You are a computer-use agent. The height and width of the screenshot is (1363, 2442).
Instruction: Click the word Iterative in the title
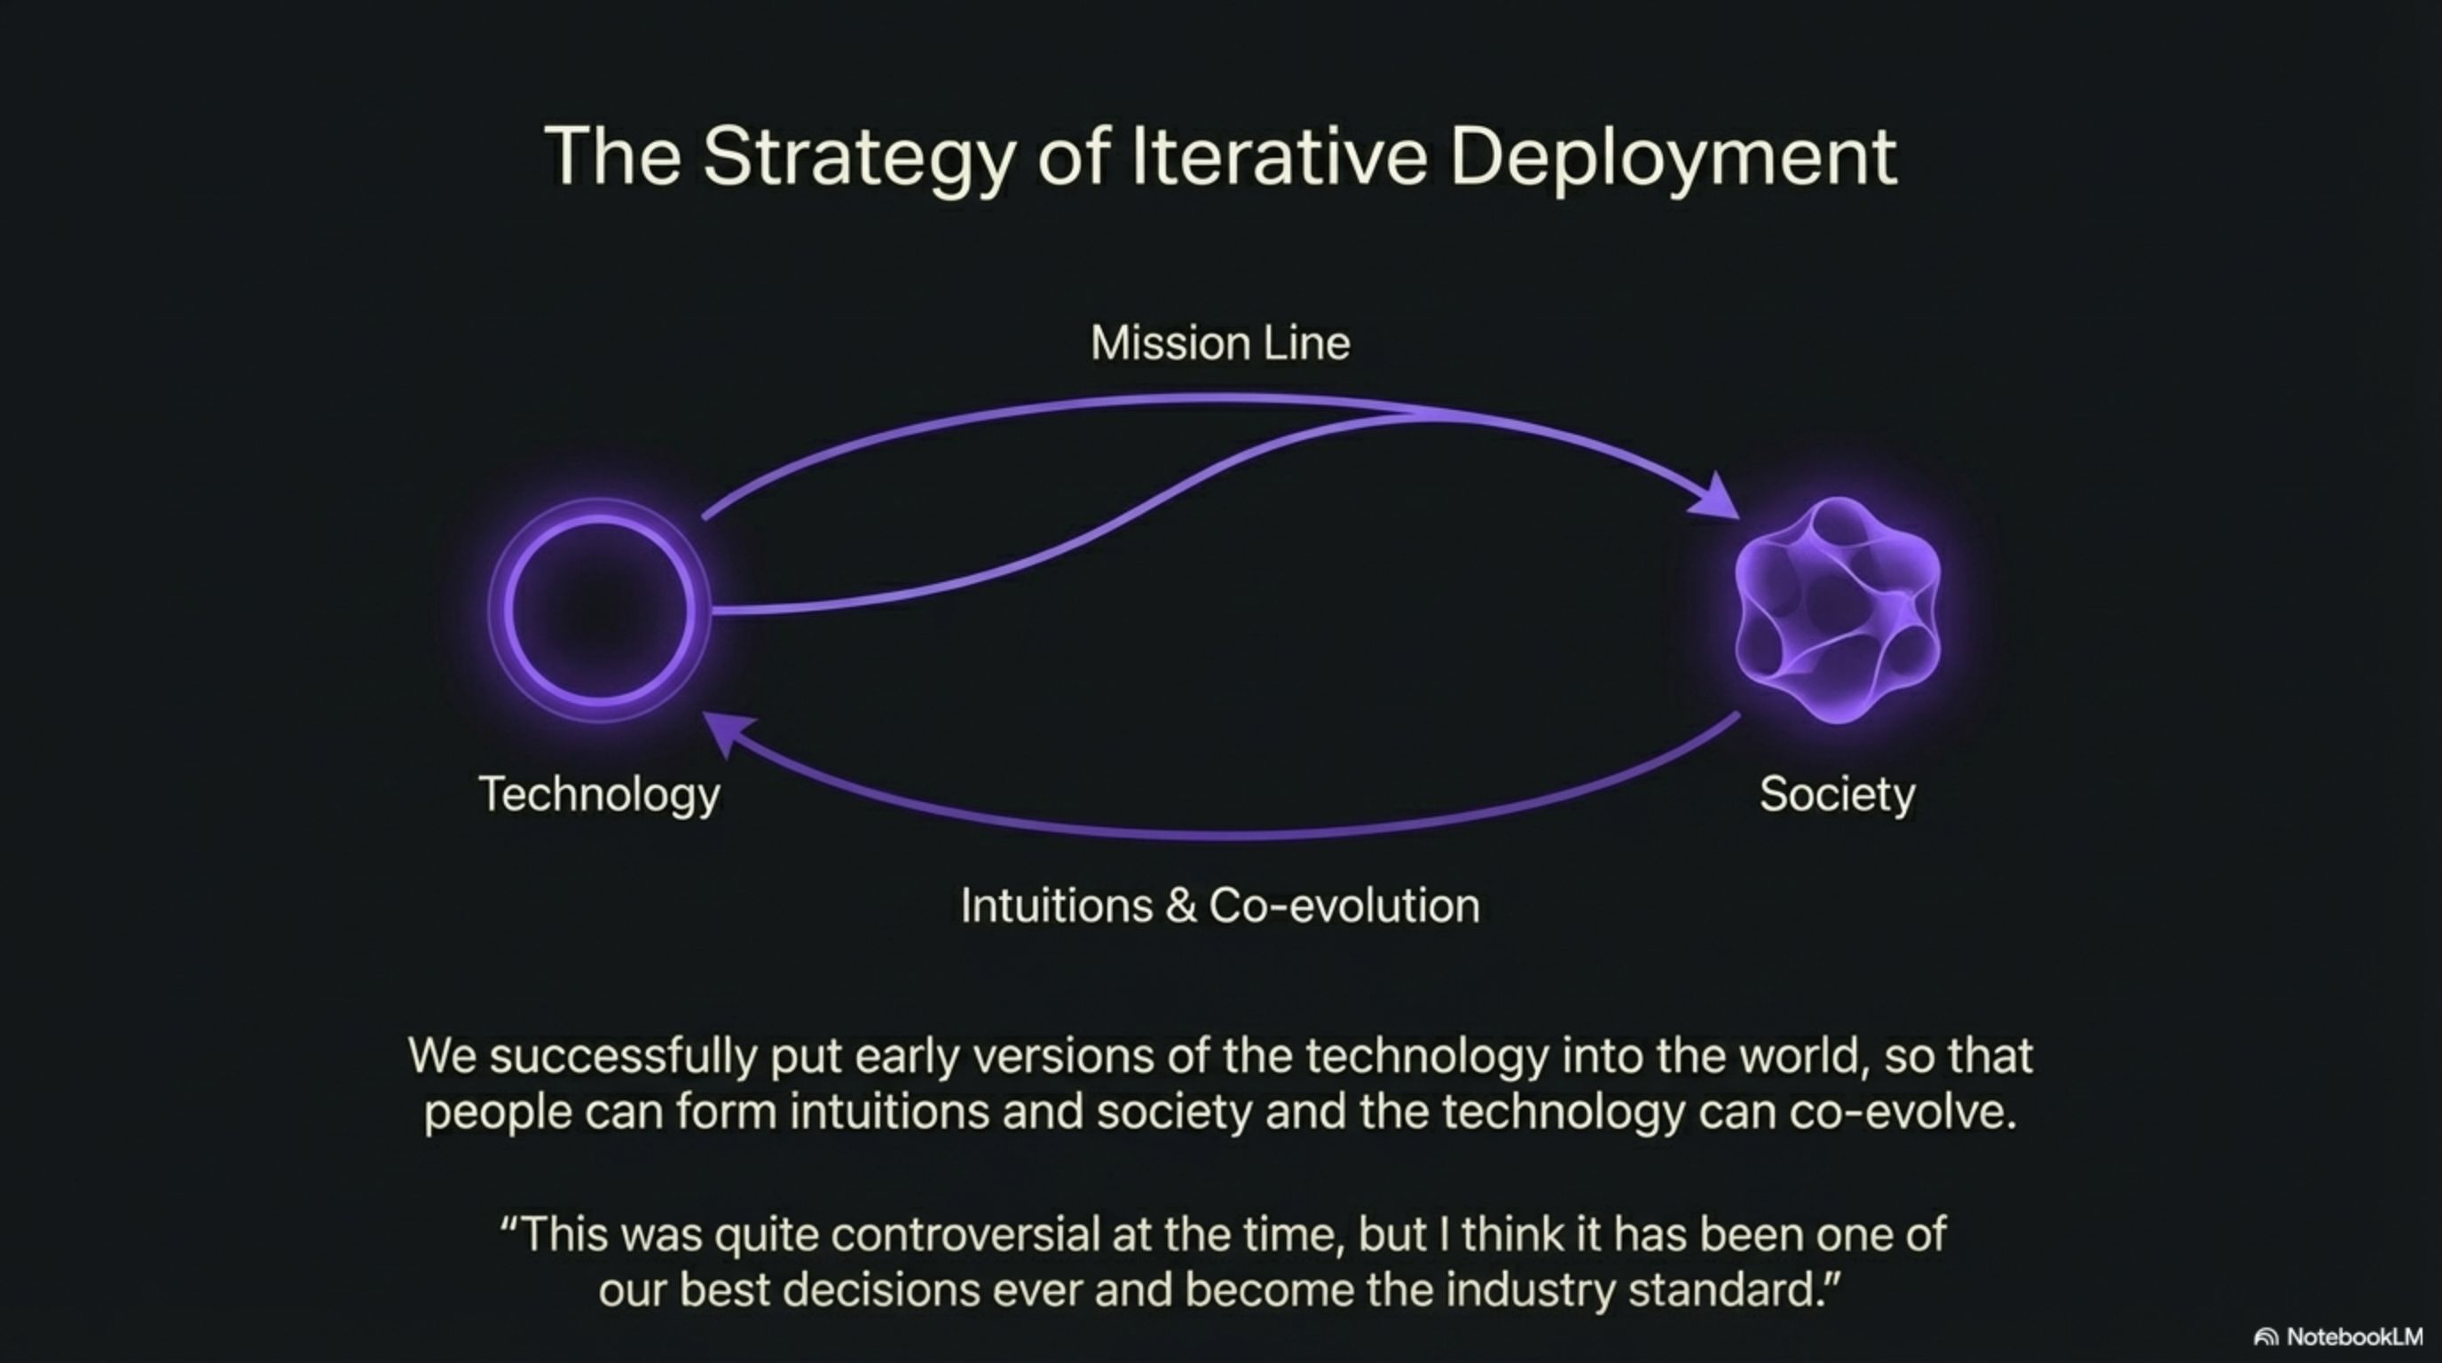tap(1279, 155)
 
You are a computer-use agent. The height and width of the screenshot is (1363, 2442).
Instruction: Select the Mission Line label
tap(1220, 343)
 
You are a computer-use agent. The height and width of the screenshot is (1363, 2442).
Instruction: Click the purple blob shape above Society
tap(1837, 611)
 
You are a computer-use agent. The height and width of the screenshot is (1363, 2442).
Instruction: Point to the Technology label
tap(599, 794)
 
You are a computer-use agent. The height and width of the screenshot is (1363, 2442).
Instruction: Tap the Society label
tap(1837, 794)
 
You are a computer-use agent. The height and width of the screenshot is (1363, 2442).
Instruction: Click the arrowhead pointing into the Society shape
tap(1718, 499)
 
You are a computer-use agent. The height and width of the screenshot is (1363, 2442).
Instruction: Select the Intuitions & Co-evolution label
tap(1220, 905)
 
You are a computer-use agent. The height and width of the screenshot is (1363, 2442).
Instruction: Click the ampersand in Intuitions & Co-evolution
tap(1180, 906)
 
